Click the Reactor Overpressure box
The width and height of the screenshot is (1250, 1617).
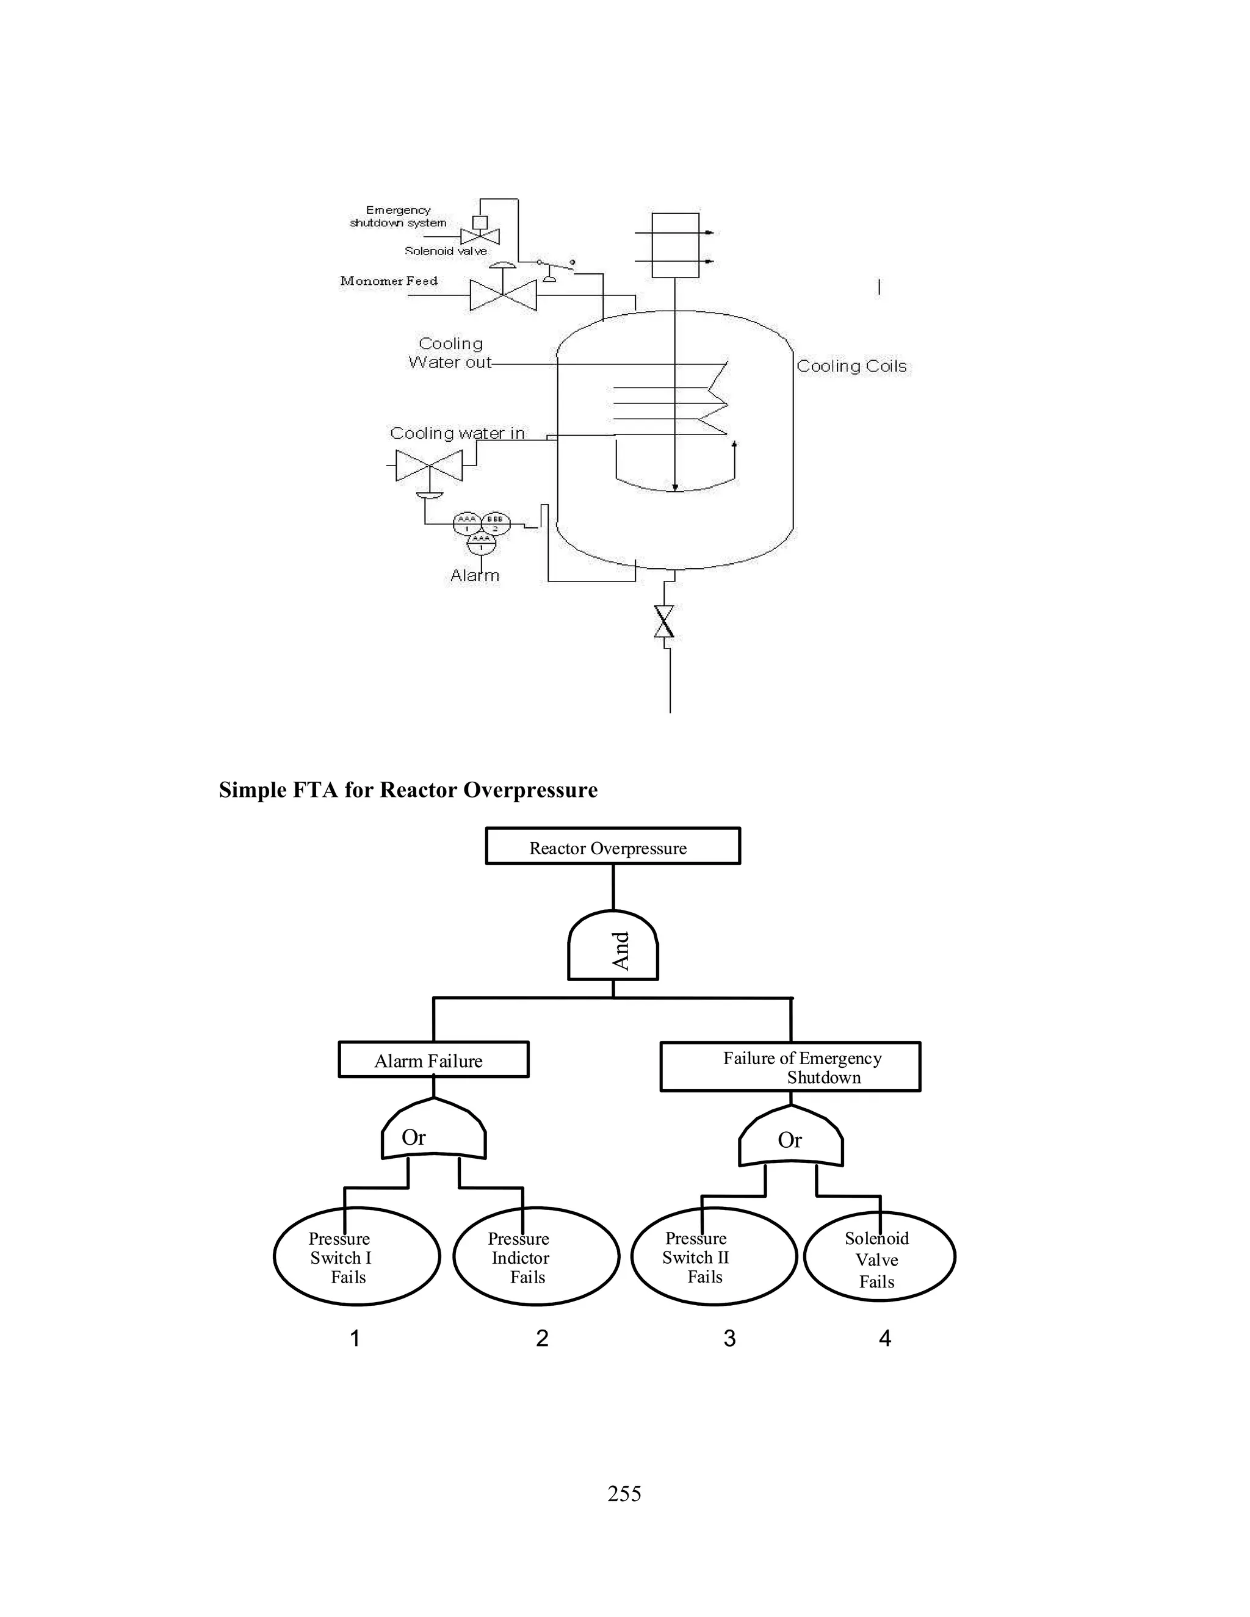(x=612, y=846)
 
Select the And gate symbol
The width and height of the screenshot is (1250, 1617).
(x=613, y=947)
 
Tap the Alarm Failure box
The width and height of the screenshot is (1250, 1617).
(x=433, y=1061)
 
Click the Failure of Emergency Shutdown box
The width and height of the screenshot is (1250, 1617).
(x=790, y=1067)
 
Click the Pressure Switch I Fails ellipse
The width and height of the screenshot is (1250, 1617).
(x=356, y=1257)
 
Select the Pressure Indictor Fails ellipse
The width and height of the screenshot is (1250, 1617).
(x=535, y=1257)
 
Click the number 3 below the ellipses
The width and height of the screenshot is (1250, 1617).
(x=729, y=1338)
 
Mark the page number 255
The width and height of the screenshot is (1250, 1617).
(x=624, y=1493)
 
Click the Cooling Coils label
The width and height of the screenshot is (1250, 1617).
(x=851, y=366)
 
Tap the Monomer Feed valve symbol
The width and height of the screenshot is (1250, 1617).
(x=504, y=295)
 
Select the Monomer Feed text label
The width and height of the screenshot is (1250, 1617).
(x=389, y=281)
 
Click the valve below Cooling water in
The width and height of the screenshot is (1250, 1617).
(x=430, y=466)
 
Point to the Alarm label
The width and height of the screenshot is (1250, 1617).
(x=475, y=575)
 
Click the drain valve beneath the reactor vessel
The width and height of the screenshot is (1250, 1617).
(x=664, y=621)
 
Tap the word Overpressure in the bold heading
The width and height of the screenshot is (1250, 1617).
(x=530, y=790)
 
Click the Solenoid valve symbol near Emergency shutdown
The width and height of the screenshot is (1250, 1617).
(x=480, y=236)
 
